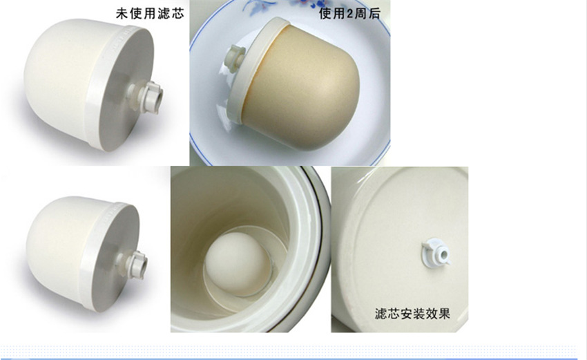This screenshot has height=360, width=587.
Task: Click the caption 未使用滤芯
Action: point(150,14)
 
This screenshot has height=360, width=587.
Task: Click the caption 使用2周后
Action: point(349,14)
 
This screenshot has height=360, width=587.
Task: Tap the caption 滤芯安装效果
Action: point(412,313)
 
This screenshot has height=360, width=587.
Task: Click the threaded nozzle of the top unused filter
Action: point(148,96)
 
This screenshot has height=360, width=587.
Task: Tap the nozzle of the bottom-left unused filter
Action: point(133,264)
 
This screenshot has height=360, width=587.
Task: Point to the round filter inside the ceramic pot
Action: point(238,263)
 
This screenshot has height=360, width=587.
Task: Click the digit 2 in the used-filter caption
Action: point(350,14)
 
